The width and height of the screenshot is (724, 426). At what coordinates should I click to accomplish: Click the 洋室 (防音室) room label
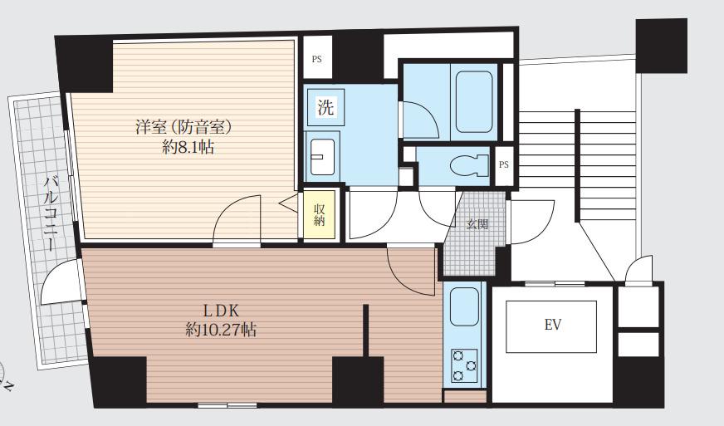click(183, 127)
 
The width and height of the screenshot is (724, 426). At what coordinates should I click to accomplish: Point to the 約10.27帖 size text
click(221, 330)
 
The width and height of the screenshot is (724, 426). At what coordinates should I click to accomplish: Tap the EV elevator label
click(553, 325)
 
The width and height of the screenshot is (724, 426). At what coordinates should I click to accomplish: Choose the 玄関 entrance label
click(477, 225)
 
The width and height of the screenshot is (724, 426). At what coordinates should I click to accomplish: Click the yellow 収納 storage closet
click(320, 215)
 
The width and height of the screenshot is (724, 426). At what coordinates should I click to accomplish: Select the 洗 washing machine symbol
click(326, 107)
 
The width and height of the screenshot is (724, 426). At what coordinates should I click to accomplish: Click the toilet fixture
click(469, 165)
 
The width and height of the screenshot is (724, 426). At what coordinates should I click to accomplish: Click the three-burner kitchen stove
click(464, 365)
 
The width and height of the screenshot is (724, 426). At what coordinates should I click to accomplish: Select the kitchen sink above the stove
click(464, 307)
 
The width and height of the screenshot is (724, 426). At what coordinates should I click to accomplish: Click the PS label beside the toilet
click(504, 164)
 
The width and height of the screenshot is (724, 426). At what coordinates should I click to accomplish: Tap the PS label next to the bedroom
click(317, 59)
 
